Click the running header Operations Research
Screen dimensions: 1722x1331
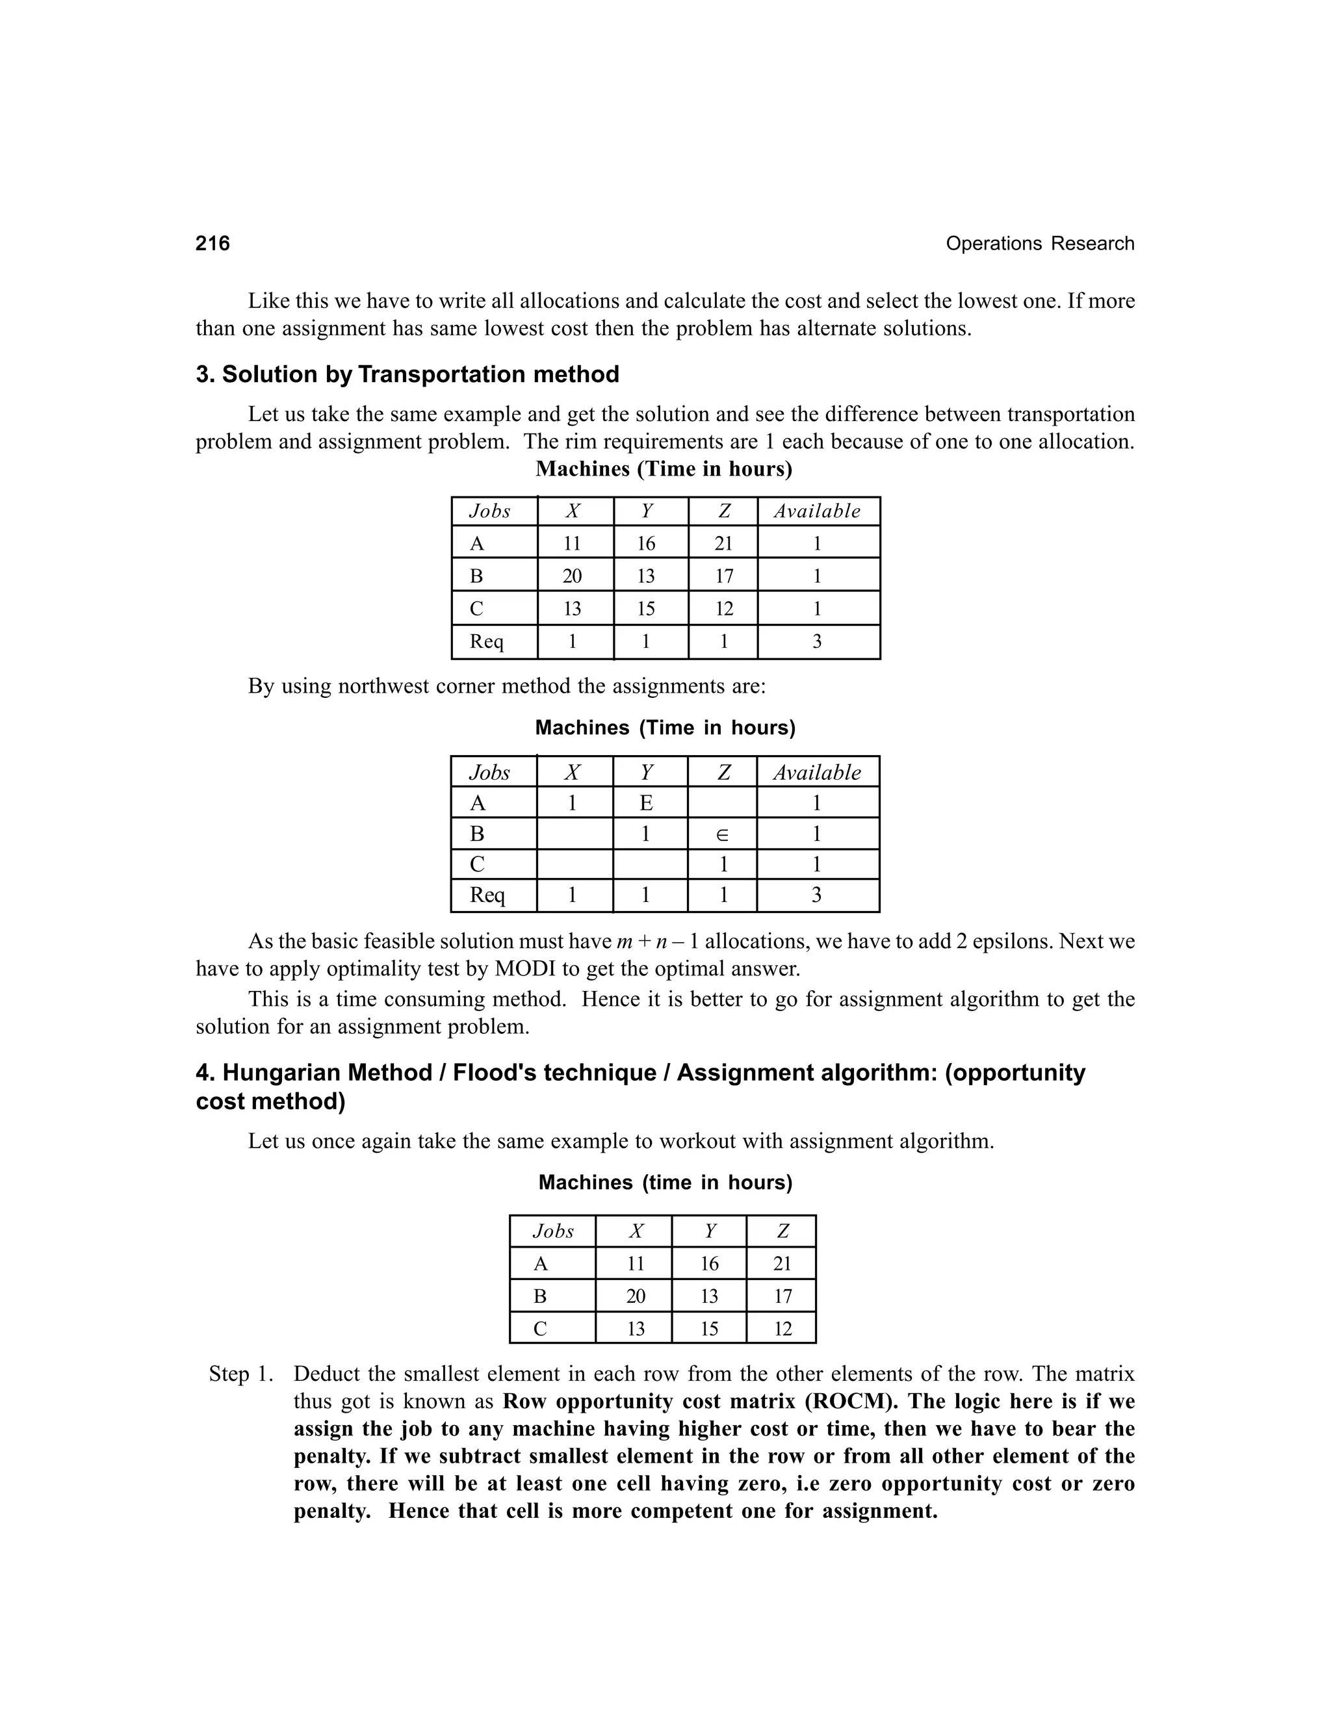tap(1039, 244)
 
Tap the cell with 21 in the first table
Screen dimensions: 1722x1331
tap(723, 543)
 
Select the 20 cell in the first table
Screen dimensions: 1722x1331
tap(573, 576)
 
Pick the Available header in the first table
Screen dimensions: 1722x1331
tap(817, 511)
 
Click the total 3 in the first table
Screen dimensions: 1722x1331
tap(817, 642)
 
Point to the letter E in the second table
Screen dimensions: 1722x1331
tap(646, 803)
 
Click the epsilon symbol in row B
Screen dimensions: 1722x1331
tap(722, 835)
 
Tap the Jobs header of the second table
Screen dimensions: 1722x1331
tap(489, 773)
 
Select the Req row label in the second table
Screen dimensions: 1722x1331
tap(487, 895)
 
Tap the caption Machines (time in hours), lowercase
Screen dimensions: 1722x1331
tap(665, 1183)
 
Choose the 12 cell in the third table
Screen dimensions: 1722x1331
tap(782, 1330)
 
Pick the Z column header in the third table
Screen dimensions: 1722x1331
tap(782, 1231)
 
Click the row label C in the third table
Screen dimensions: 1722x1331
tap(540, 1330)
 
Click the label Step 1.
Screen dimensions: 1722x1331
tap(240, 1374)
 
